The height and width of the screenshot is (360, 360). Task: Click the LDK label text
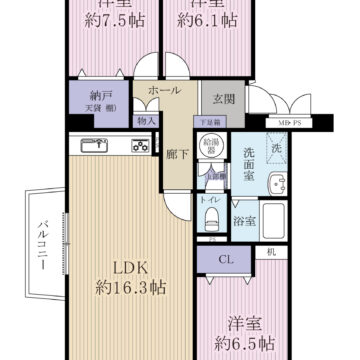[129, 267]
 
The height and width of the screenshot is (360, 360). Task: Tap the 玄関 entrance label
[222, 98]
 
